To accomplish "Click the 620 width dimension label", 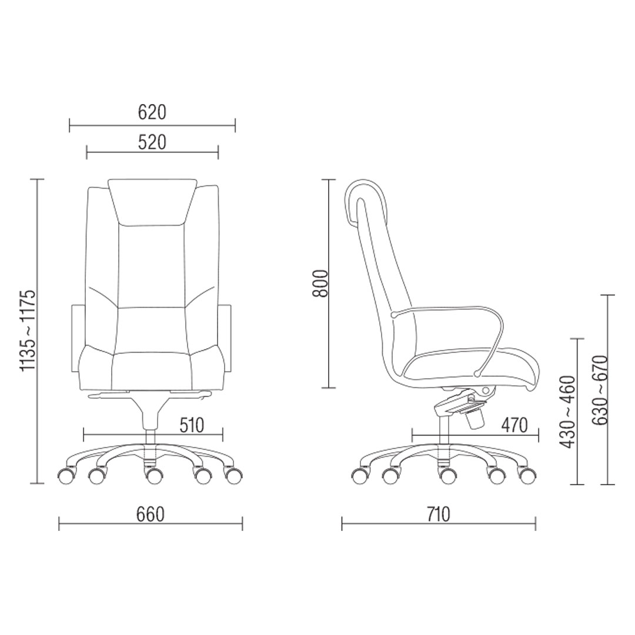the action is pyautogui.click(x=152, y=112).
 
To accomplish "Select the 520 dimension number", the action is pyautogui.click(x=152, y=142).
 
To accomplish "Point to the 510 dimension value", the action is pyautogui.click(x=191, y=425).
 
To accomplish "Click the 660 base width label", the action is pyautogui.click(x=151, y=514).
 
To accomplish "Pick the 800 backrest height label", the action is pyautogui.click(x=320, y=283).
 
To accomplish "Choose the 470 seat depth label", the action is pyautogui.click(x=514, y=425).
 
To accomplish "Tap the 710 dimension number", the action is pyautogui.click(x=438, y=514).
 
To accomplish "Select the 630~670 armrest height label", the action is pyautogui.click(x=600, y=390).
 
